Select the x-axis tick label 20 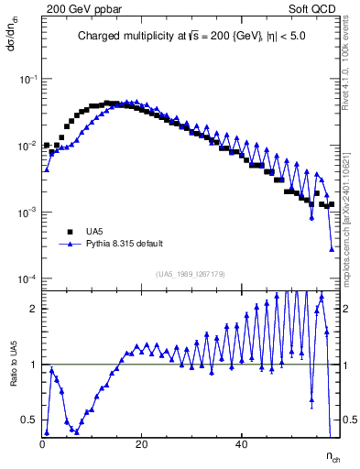pos(141,443)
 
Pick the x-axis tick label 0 pos(42,443)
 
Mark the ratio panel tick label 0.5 pos(30,420)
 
